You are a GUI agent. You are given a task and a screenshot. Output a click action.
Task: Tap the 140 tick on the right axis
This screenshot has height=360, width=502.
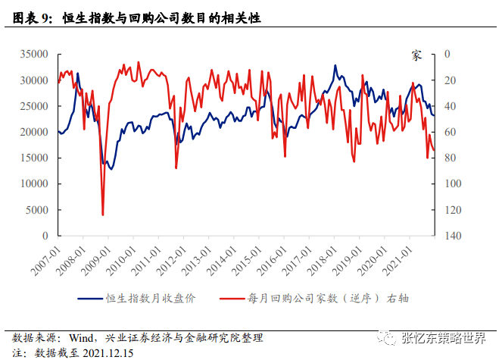[x=450, y=236]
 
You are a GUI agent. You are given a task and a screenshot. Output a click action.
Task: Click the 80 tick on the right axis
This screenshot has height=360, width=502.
[x=447, y=158]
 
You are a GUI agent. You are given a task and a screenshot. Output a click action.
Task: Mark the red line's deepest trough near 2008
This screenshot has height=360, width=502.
[x=103, y=215]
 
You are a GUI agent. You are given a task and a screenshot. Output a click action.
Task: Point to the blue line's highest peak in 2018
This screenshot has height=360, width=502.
[x=335, y=66]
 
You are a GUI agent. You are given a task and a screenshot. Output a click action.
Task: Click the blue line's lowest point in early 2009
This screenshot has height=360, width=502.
[x=111, y=168]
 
